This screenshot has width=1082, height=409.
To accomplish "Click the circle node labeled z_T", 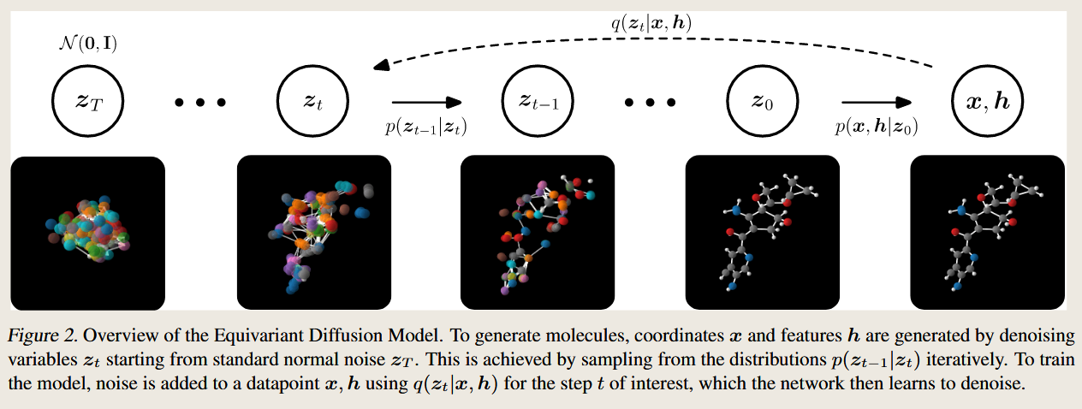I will click(x=87, y=102).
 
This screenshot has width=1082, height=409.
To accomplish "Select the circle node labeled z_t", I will click(x=312, y=102).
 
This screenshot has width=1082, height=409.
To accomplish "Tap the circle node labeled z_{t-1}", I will click(x=538, y=102).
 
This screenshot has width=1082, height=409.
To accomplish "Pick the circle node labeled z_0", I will click(x=763, y=102).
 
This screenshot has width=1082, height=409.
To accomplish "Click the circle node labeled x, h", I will click(x=987, y=102).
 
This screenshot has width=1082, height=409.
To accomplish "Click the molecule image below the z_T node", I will click(x=87, y=232).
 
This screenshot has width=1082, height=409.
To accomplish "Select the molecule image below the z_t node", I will click(x=312, y=232).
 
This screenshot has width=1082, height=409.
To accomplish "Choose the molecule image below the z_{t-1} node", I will click(x=538, y=232).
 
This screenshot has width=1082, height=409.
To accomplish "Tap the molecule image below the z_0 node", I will click(x=763, y=232).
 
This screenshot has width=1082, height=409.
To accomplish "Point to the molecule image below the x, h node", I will click(x=987, y=232).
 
